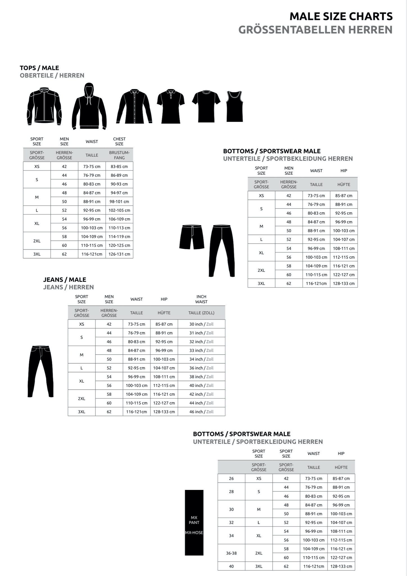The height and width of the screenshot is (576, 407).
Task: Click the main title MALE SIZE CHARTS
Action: pos(341,17)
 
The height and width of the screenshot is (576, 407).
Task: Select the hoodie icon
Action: pos(89,106)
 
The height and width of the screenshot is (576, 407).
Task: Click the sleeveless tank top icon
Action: pos(234,106)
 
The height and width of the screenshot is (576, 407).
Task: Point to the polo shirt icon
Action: pos(171,106)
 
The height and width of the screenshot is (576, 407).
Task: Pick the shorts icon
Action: pos(192,237)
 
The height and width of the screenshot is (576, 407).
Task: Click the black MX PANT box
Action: pos(194,523)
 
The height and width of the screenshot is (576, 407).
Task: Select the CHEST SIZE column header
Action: pos(119,141)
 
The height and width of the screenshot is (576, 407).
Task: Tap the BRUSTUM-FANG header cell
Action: pos(119,155)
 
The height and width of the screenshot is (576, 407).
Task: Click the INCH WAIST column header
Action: pos(201,299)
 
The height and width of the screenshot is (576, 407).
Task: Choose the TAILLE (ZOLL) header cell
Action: pos(201,313)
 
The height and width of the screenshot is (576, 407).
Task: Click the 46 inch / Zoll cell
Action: pos(201,412)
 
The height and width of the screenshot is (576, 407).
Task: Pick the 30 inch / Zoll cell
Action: pos(201,324)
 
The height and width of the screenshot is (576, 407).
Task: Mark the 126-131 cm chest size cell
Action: pos(119,254)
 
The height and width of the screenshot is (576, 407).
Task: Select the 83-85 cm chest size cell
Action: pos(119,166)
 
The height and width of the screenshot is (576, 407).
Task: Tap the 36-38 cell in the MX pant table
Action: pos(231,553)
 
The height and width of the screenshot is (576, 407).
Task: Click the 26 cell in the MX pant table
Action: pos(231,478)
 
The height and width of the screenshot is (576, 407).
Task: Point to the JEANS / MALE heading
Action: pos(65,280)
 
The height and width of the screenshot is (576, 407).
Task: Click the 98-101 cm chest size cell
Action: pos(119,201)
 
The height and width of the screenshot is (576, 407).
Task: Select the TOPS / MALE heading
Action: pos(39,68)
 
